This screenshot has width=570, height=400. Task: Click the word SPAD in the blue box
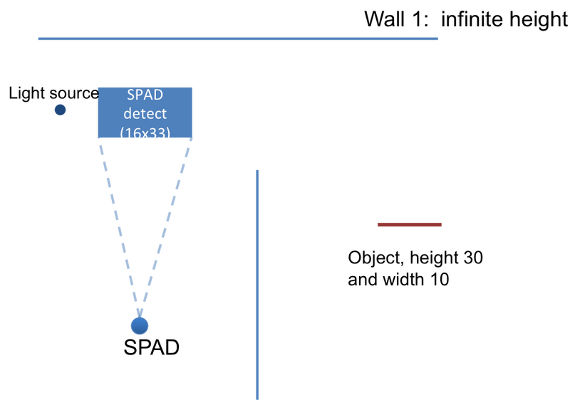(x=145, y=95)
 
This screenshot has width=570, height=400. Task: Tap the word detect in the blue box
(x=145, y=113)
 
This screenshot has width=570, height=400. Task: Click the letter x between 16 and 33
(x=145, y=133)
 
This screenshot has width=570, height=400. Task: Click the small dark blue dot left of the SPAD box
(x=60, y=110)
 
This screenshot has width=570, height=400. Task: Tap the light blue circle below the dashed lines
(x=140, y=325)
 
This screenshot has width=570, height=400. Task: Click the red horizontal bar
(x=409, y=224)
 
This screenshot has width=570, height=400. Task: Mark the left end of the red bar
(x=377, y=224)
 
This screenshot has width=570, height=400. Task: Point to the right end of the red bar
(x=442, y=224)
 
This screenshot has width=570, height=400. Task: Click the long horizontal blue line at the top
(x=238, y=38)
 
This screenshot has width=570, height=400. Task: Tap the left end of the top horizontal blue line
(x=38, y=38)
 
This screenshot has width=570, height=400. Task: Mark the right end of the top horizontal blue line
(x=438, y=38)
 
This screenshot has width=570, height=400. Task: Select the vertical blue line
(x=257, y=285)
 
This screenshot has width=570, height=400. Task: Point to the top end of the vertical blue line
(x=257, y=170)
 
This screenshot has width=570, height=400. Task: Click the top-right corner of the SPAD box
(x=193, y=87)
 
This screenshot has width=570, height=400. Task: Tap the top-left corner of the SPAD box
(x=97, y=87)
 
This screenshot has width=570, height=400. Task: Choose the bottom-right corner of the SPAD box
(x=193, y=137)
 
